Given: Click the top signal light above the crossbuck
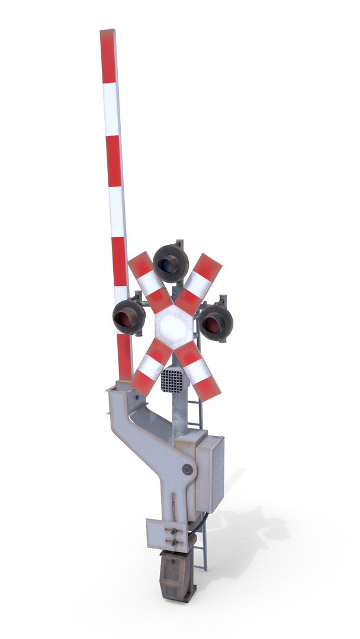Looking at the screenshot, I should pos(171,263).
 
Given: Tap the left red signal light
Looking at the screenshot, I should pos(128,317).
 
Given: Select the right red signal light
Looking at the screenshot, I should pos(215,322).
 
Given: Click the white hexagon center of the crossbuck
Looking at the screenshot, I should pos(174,324).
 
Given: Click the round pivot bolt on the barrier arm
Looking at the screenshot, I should pos(187,469).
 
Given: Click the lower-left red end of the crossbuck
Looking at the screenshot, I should pos(142,382).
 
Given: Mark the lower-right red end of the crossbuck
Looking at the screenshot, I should pos(207,388).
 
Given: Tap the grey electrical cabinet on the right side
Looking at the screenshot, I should pos(210,473).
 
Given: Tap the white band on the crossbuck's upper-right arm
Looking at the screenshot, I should pos(198,285).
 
